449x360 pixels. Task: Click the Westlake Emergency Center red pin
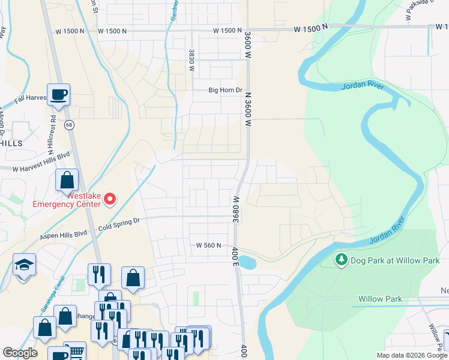pos(110,199)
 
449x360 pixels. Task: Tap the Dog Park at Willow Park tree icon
pos(342,260)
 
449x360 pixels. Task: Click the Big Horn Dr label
pos(225,91)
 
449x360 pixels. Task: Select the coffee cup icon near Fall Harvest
pos(59,95)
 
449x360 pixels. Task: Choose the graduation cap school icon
pos(24,265)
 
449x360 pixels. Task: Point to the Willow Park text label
pos(380,298)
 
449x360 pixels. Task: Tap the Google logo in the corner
pos(20,353)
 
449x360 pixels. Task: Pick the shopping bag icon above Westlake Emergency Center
pos(67,179)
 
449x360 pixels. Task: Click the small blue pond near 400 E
pos(248,262)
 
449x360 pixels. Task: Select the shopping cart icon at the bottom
pos(75,353)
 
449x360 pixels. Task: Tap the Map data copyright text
pos(412,355)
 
